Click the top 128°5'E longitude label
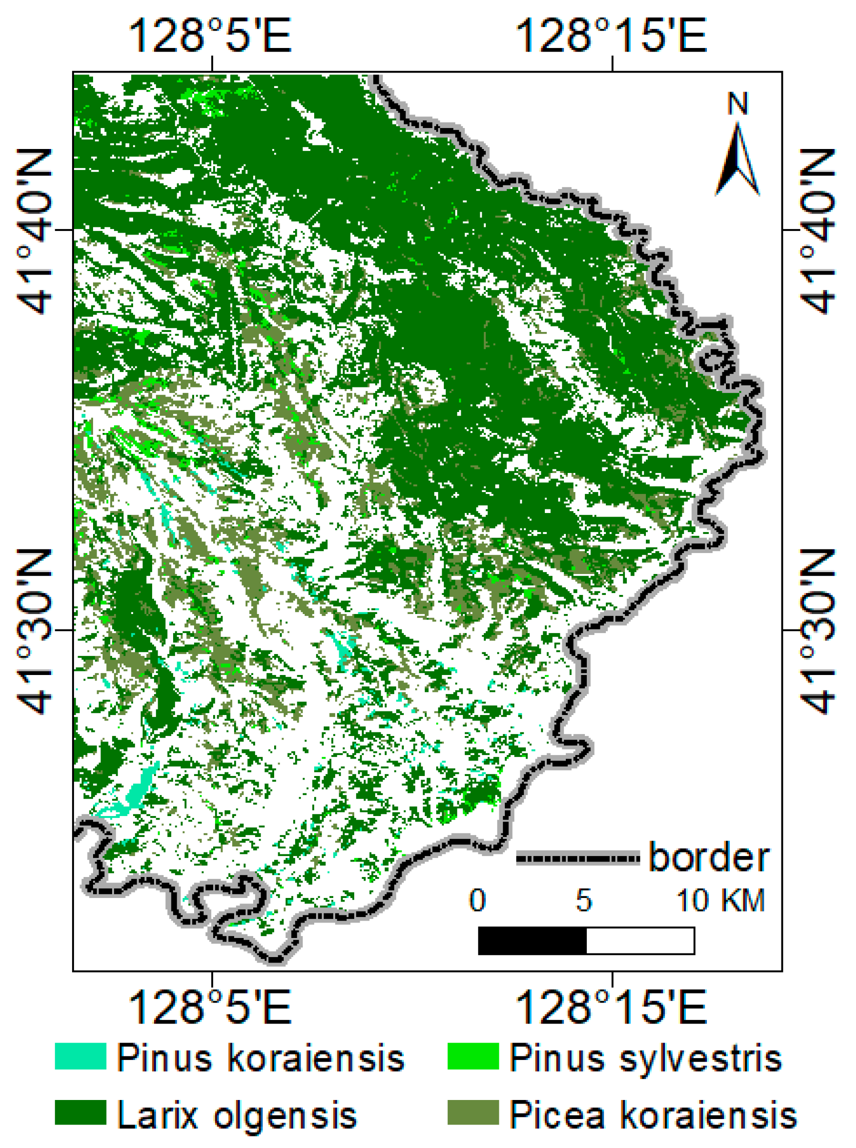(210, 35)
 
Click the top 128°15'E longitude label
(611, 35)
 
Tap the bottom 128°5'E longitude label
(210, 1007)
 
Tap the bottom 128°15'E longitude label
(611, 1007)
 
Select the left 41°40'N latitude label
(35, 231)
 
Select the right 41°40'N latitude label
(819, 231)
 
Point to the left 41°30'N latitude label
(35, 631)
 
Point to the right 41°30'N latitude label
(819, 631)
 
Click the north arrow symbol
(737, 160)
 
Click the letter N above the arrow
(738, 104)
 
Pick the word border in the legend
(709, 857)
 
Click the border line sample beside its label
(578, 858)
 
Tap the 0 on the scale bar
(478, 900)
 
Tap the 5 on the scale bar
(584, 900)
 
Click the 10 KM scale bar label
(721, 900)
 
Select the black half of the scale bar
(532, 941)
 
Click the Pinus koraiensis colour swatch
(81, 1056)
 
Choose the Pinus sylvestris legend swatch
(473, 1056)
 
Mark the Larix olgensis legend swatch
(81, 1113)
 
